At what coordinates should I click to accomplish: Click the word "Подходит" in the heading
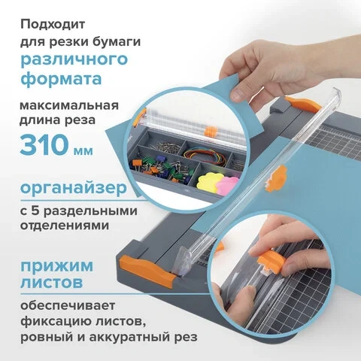pos(53,25)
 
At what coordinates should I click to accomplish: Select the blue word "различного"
pos(74,59)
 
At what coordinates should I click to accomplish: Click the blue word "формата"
pos(61,78)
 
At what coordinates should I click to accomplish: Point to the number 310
pos(44,145)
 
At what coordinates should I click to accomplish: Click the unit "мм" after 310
pos(83,150)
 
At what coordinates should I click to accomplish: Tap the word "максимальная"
pos(69,105)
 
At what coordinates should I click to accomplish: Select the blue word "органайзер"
pos(74,189)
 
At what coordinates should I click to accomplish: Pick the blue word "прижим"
pos(56,266)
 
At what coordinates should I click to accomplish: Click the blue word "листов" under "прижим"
pos(52,282)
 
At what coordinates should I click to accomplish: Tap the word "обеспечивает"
pos(68,305)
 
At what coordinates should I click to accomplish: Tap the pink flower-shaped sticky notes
pos(227,185)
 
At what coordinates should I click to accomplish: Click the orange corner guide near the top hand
pos(303,105)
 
